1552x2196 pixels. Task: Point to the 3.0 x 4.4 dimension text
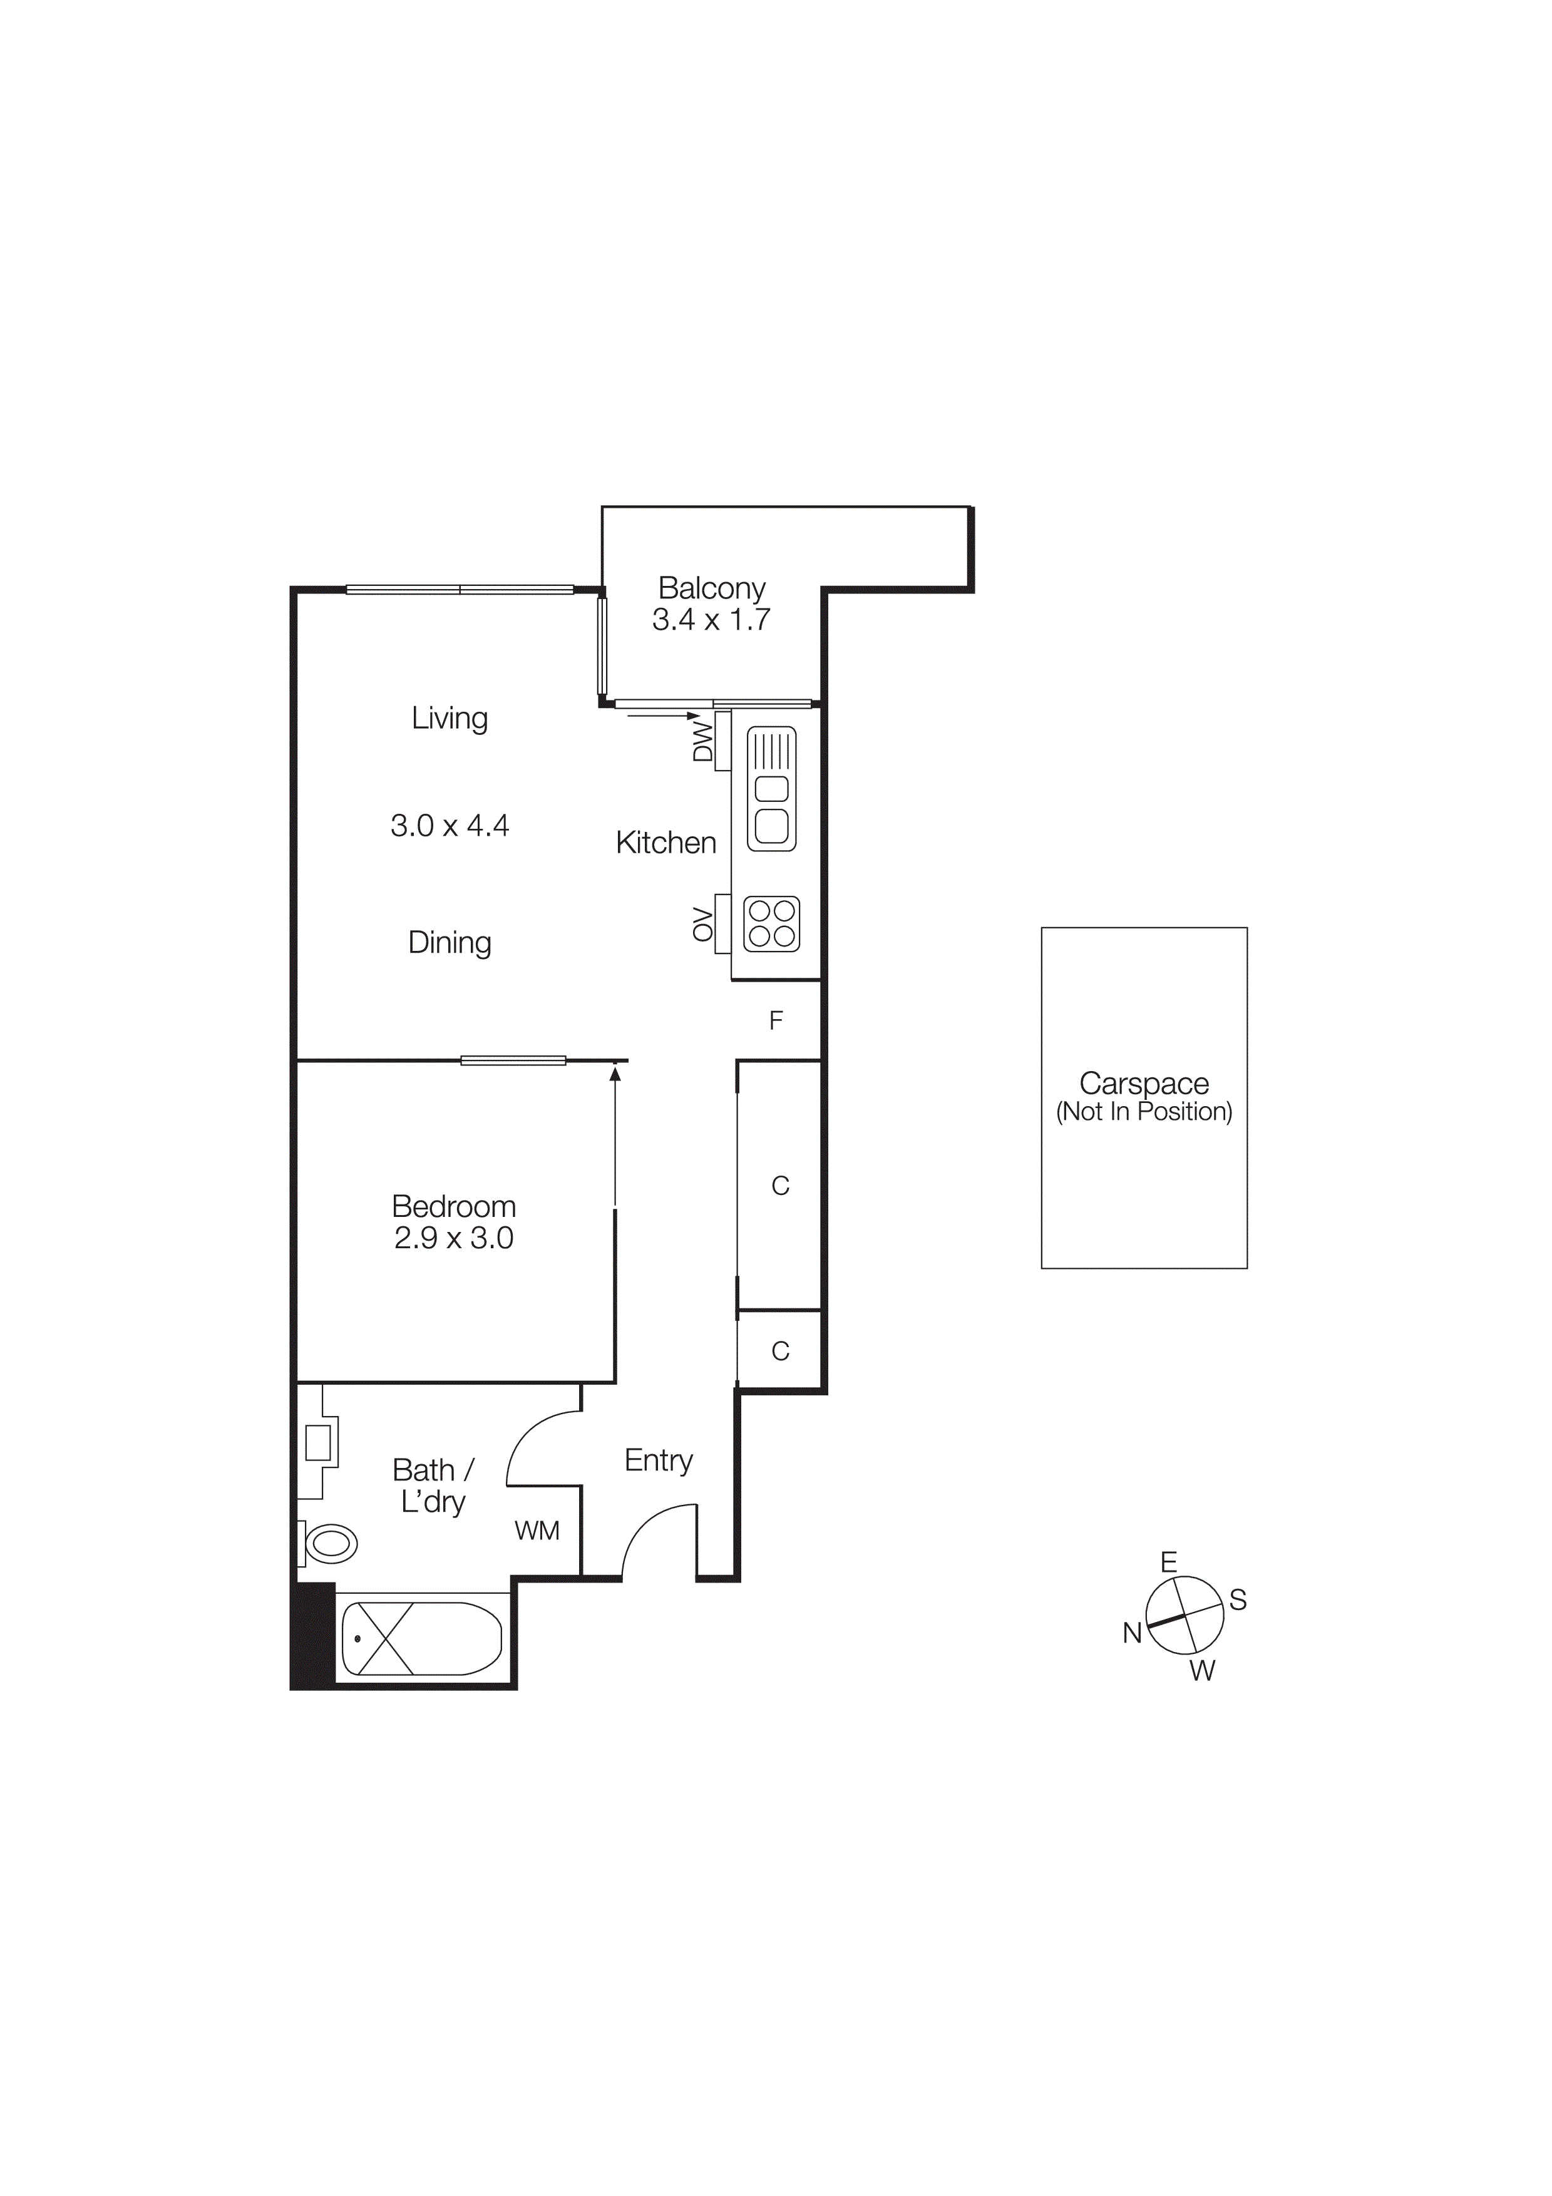point(450,826)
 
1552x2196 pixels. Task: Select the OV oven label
point(703,925)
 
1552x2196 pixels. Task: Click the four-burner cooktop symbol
point(772,924)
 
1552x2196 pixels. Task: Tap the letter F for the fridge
point(776,1022)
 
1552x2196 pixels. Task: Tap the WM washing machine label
point(537,1531)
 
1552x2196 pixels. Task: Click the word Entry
point(658,1460)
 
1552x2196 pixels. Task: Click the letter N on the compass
point(1132,1634)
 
